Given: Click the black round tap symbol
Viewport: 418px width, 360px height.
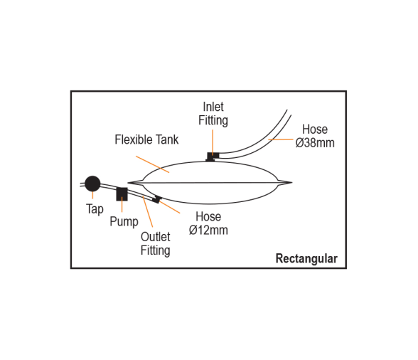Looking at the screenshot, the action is [x=92, y=184].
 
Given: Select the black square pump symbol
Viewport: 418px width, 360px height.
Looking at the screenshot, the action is [x=122, y=194].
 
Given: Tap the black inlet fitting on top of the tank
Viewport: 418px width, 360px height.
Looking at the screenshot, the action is [x=213, y=157].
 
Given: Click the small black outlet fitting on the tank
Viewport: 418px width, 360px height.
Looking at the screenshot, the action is [x=156, y=199].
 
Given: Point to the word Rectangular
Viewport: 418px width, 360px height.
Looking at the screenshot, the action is [x=306, y=258].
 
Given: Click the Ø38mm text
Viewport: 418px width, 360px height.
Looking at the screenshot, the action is [x=315, y=143].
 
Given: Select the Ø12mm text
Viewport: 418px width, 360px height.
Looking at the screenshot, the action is [x=208, y=230].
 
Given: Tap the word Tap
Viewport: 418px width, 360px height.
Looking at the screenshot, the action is [x=95, y=209].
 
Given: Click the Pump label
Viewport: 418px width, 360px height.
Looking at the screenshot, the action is [x=124, y=222].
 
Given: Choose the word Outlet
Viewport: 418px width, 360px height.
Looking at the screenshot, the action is [x=156, y=237].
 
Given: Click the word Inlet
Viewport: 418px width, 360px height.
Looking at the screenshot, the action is [x=213, y=107].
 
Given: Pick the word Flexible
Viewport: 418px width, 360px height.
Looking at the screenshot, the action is [x=134, y=139].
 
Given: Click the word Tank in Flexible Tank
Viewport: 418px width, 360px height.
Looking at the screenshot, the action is [x=167, y=139].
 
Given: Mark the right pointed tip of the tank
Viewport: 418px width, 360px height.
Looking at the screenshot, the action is [x=292, y=183].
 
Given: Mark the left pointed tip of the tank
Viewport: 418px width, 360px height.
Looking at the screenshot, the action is [x=128, y=183].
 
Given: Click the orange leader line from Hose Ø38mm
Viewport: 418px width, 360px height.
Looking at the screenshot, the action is [x=280, y=139].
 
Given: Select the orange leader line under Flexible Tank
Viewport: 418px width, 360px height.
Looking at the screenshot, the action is [x=152, y=164].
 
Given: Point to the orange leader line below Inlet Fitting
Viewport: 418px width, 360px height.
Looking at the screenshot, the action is [x=213, y=142].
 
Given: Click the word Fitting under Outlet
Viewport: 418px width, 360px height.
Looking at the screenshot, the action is [x=156, y=250].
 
